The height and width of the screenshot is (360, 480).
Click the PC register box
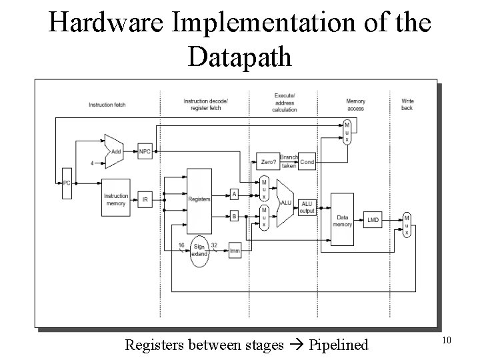(67, 187)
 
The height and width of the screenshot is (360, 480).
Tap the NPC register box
(145, 151)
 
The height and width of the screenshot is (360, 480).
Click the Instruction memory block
(116, 199)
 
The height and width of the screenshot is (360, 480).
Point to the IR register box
(145, 199)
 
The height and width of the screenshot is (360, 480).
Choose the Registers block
(199, 199)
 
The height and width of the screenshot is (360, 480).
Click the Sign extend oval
(200, 251)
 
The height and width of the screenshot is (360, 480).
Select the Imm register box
(234, 251)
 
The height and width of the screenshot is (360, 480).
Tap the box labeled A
(234, 193)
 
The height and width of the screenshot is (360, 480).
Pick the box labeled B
(234, 216)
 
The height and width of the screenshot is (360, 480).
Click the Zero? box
(268, 161)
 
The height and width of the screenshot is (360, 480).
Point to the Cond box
(307, 161)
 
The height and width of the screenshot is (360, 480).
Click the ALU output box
(307, 207)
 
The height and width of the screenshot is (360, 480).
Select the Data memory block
(342, 221)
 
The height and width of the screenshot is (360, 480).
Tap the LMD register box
(373, 219)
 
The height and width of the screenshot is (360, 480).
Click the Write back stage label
(407, 104)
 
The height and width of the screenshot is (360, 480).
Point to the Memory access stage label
(355, 104)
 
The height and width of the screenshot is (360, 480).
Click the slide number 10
(447, 341)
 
